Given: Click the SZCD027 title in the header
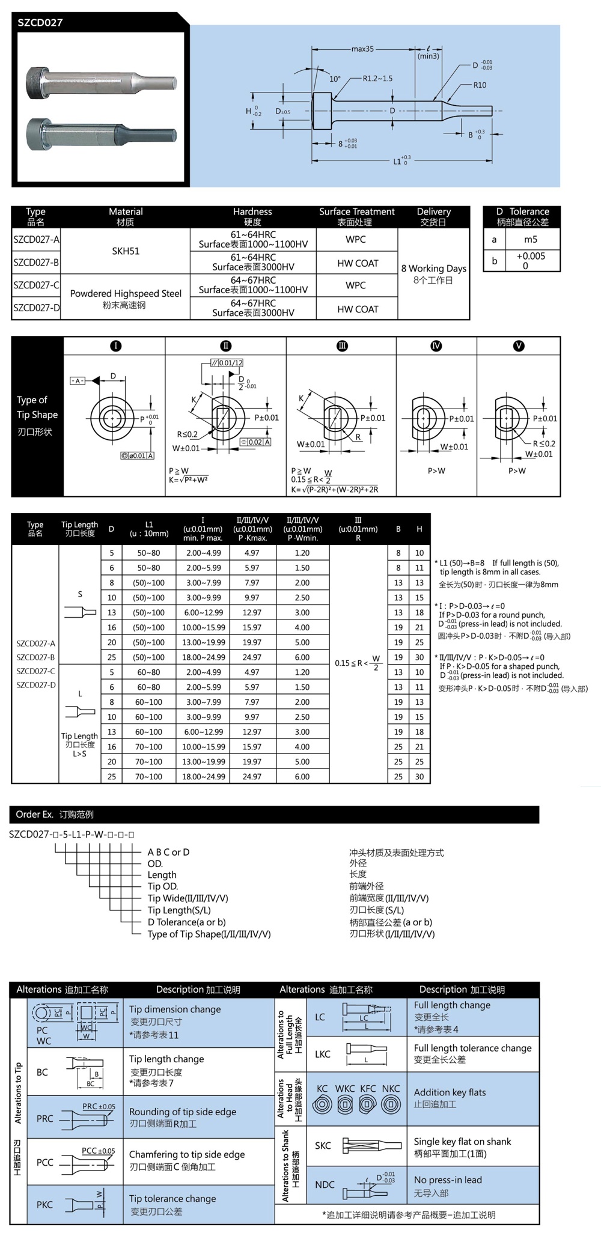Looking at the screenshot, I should [40, 23].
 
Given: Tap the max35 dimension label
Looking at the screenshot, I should [362, 49].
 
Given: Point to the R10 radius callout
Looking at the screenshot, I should [480, 85].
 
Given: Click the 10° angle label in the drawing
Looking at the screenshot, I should [335, 79].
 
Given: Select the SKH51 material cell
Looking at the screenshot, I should [126, 251].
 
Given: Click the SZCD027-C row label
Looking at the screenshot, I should [36, 285].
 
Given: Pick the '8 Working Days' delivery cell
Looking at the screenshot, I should [433, 269].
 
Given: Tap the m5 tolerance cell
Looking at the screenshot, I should [530, 239].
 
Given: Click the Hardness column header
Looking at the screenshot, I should [252, 212].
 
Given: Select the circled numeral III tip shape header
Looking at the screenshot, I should [342, 345].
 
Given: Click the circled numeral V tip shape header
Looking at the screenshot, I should [518, 345].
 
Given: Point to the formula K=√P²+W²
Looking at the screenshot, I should [188, 479].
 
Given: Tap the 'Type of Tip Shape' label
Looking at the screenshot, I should [37, 407].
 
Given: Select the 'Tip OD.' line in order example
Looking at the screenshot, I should [163, 886].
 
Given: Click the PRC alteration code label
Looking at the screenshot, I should [44, 1118].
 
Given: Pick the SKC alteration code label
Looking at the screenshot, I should [323, 1145].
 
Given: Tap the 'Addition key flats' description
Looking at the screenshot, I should [450, 1092].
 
